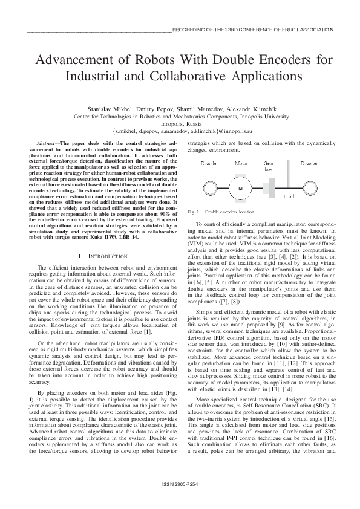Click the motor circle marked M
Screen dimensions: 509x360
pyautogui.click(x=241, y=189)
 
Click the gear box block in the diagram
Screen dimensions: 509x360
pyautogui.click(x=269, y=188)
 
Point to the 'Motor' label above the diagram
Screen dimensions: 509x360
pyautogui.click(x=241, y=164)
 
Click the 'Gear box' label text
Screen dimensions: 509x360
pyautogui.click(x=269, y=166)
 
